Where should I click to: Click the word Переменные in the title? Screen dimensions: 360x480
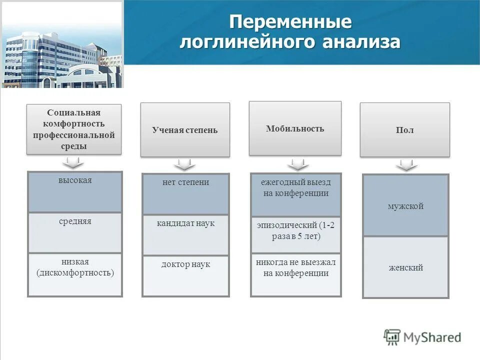[290, 22]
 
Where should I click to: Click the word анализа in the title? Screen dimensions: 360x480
[360, 42]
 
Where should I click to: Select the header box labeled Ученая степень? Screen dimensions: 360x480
[185, 129]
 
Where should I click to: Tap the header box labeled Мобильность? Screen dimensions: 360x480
[295, 128]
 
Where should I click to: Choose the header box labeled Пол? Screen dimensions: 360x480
[404, 129]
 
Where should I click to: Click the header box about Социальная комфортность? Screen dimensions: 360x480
[74, 128]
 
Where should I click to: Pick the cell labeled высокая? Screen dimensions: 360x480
[75, 192]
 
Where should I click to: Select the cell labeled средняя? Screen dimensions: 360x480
[75, 232]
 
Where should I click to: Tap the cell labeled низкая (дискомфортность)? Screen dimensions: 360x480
[75, 274]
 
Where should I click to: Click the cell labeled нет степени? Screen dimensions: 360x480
[185, 194]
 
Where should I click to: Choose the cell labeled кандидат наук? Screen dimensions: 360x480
[185, 235]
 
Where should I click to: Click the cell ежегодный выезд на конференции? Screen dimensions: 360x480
[295, 194]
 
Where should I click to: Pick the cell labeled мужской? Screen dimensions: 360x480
[405, 205]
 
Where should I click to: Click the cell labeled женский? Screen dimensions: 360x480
[405, 267]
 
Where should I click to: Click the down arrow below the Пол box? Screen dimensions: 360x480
[406, 165]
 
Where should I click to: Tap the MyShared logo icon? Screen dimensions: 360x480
[392, 337]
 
